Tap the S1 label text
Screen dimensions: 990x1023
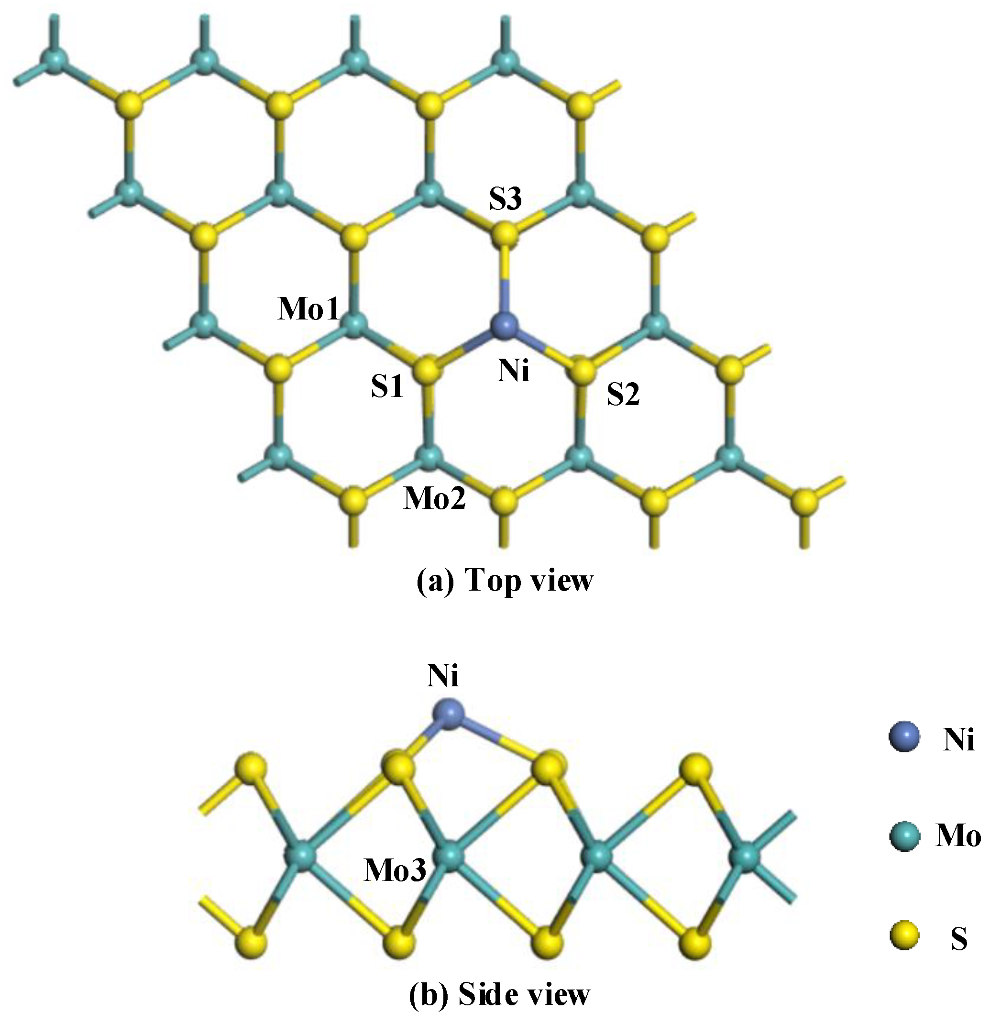coord(387,387)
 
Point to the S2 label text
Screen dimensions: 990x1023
coord(623,395)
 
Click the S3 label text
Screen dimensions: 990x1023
coord(505,200)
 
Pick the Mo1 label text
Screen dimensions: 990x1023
coord(308,310)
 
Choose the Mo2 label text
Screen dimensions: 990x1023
coord(434,499)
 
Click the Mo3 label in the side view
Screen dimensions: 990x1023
coord(395,870)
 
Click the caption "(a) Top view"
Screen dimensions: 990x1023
coord(505,581)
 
